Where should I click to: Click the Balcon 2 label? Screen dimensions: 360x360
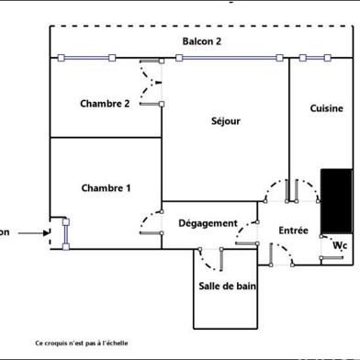(x=201, y=41)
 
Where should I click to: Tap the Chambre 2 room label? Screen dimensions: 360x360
(x=105, y=103)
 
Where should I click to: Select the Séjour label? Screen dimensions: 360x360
(x=226, y=120)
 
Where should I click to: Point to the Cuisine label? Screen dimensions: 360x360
(x=326, y=108)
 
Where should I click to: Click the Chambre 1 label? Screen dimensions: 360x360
(x=106, y=188)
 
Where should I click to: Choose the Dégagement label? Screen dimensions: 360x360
(x=208, y=223)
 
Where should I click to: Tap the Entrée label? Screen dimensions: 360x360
(x=293, y=230)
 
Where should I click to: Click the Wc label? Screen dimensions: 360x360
(x=339, y=245)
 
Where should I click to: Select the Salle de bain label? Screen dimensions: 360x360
(x=228, y=286)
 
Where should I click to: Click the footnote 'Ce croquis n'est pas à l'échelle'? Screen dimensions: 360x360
(x=82, y=343)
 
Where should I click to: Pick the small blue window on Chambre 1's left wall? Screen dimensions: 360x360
(x=65, y=233)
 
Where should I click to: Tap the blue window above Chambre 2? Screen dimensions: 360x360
(x=85, y=59)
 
